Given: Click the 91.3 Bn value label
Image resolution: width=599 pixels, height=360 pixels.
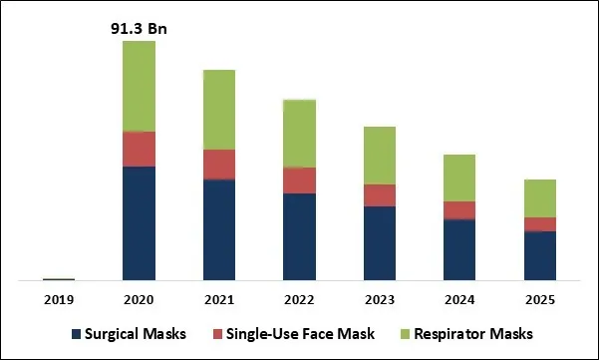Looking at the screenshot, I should tap(139, 28).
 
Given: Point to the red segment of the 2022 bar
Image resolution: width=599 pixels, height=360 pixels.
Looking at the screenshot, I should tap(299, 180).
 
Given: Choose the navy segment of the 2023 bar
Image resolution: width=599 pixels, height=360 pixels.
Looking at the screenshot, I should tap(379, 242).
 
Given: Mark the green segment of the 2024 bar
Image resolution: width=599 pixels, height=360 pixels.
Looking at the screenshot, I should tap(459, 178).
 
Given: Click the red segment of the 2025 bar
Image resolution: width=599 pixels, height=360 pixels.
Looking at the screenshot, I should tap(539, 224).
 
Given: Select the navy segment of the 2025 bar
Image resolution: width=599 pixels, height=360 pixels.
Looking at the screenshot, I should tap(539, 255).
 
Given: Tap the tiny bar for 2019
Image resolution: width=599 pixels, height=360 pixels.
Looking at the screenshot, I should tap(59, 279).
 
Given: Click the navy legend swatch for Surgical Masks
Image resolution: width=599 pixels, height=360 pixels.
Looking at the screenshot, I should tap(76, 333).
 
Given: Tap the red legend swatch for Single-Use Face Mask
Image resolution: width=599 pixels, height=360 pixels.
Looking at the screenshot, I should tap(216, 333).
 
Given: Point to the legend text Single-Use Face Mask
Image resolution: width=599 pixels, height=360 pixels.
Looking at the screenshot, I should tap(301, 333).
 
